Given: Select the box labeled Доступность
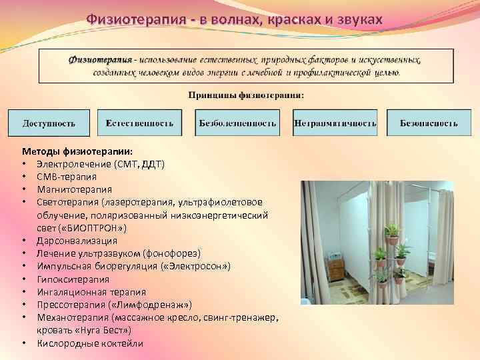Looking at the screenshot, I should pyautogui.click(x=49, y=123).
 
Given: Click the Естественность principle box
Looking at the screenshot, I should pyautogui.click(x=139, y=123).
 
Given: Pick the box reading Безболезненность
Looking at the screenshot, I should pyautogui.click(x=237, y=123).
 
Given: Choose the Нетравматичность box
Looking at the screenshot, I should pyautogui.click(x=335, y=123).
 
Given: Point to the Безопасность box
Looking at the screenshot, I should pyautogui.click(x=429, y=123).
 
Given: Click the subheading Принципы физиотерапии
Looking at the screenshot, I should pyautogui.click(x=246, y=95).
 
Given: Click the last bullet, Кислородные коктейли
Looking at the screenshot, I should pyautogui.click(x=89, y=343).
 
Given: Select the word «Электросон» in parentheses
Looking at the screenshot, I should pyautogui.click(x=200, y=267).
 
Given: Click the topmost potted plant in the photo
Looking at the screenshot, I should pyautogui.click(x=392, y=230).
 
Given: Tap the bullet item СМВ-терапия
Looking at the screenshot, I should pyautogui.click(x=66, y=177).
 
